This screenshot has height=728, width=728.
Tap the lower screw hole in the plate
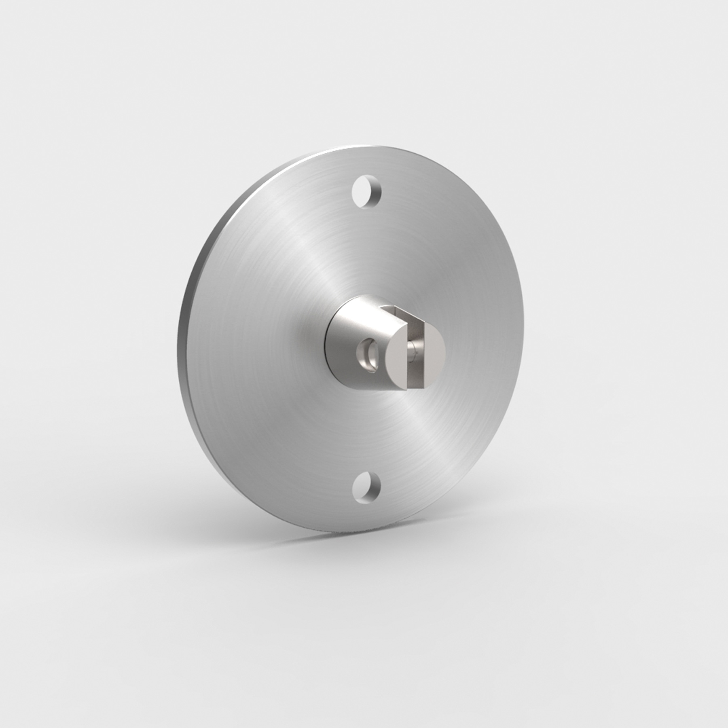(366, 486)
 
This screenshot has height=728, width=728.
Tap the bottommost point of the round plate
(356, 533)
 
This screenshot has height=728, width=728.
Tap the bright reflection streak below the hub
(421, 437)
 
